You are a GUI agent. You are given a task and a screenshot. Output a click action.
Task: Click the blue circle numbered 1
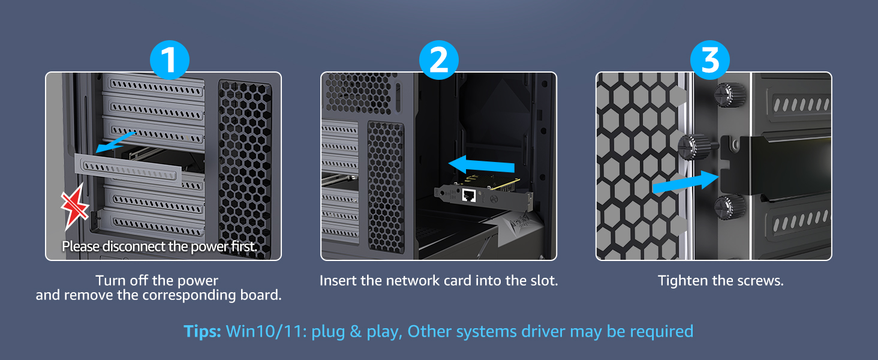coord(169,61)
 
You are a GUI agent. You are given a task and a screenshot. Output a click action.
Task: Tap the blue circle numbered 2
coord(439,61)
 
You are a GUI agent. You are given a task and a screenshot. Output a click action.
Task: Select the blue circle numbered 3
coord(710,61)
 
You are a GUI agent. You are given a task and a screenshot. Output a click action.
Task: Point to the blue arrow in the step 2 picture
coord(482,165)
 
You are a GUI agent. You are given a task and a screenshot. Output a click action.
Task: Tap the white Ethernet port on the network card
coord(469,195)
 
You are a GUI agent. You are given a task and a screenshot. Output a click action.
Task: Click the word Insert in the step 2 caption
coord(338,281)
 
